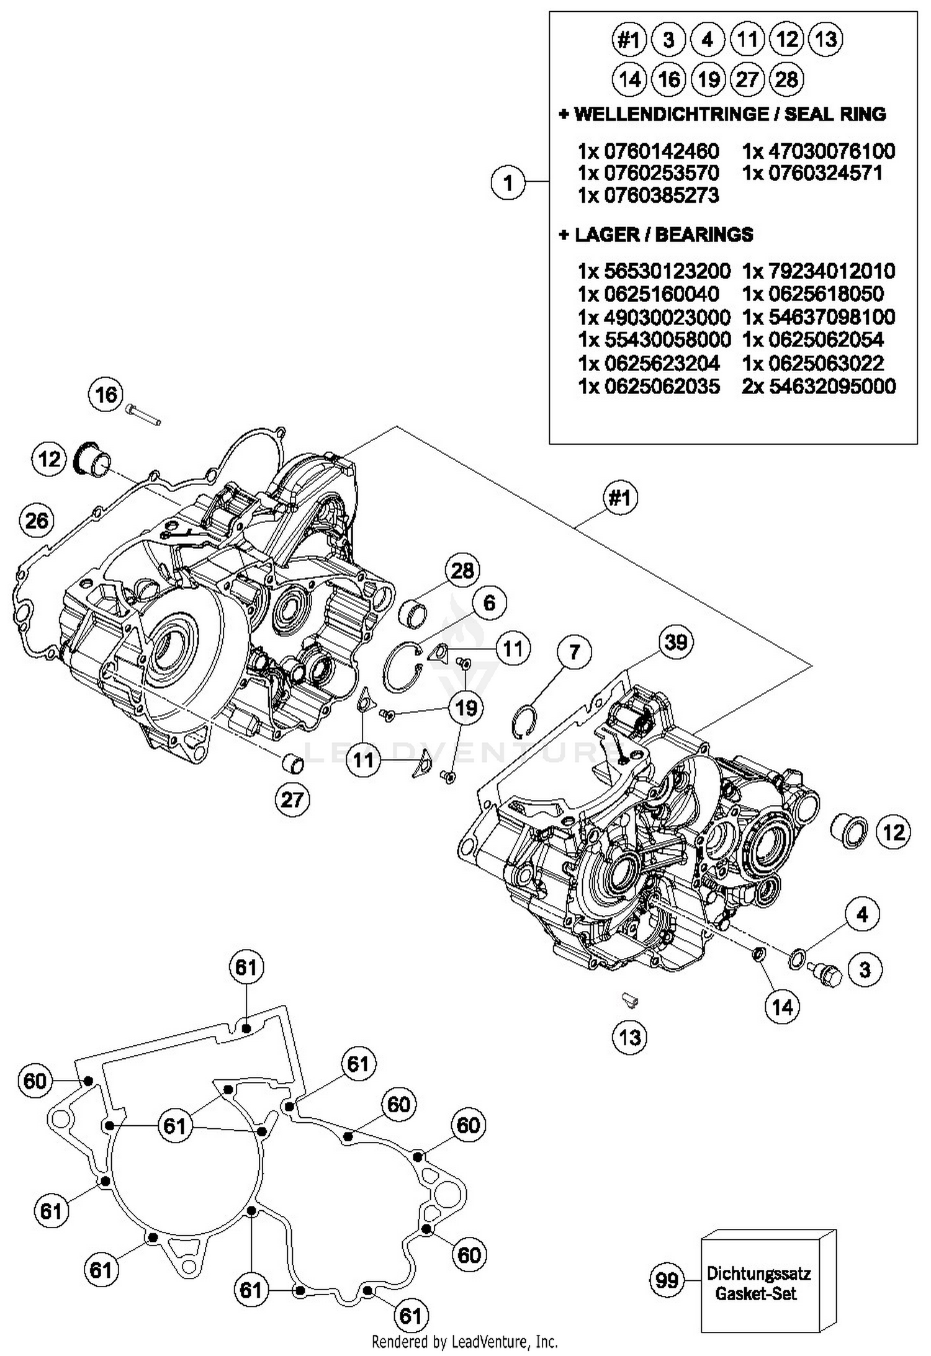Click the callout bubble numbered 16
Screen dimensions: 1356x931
pos(106,395)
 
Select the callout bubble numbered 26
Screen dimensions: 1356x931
pos(37,520)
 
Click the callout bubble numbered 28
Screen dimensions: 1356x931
pos(462,571)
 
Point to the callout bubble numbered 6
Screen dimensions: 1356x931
pos(489,602)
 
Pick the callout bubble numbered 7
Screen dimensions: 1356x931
pos(574,652)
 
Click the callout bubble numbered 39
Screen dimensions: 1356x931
pos(676,641)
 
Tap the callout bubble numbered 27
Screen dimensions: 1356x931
pos(292,800)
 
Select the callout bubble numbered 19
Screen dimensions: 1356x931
pos(466,708)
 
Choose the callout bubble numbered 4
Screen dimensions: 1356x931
pos(862,914)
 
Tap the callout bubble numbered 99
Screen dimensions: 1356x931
pos(667,1280)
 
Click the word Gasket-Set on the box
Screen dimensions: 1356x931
pos(755,1294)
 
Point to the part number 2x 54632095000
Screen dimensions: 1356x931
pos(819,386)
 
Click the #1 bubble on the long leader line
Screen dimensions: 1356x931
pos(620,497)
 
